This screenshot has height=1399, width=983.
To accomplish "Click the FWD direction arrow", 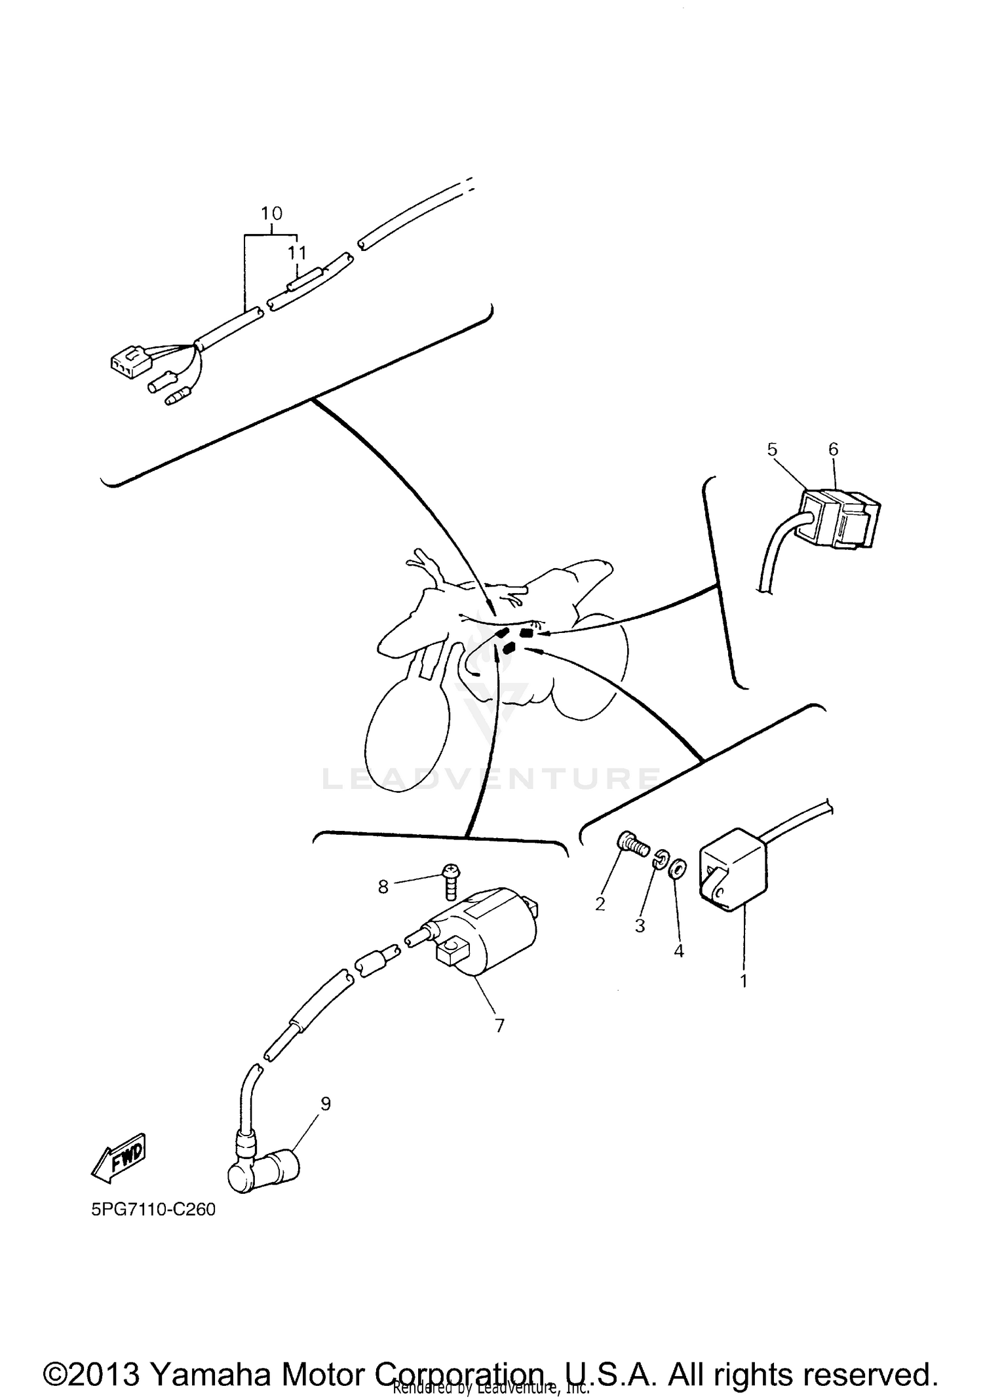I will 119,1160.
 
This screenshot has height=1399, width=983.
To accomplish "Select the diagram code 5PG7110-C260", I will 153,1210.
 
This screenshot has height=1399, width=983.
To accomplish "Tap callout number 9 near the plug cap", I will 326,1104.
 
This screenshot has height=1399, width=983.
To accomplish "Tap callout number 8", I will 383,887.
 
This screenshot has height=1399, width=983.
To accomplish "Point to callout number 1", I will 744,981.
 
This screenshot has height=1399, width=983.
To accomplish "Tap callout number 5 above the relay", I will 772,449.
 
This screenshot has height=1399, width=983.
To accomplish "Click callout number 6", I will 833,449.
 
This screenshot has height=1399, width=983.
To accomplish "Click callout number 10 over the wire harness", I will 271,213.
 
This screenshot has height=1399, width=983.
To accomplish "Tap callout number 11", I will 298,253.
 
